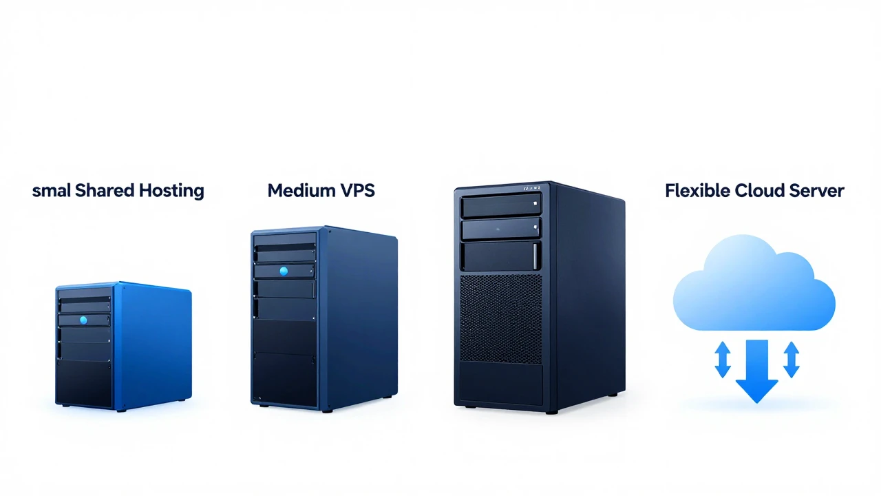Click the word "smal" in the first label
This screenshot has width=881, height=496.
tap(52, 191)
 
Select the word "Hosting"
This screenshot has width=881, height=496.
tap(171, 192)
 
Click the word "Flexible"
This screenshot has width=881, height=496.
tap(698, 191)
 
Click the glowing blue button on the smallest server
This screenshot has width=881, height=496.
tap(83, 320)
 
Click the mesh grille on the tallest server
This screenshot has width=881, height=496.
tap(501, 319)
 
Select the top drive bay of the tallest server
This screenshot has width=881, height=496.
tap(500, 206)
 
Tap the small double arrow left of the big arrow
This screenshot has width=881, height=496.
tap(723, 360)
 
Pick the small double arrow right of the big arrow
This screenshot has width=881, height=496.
tap(792, 360)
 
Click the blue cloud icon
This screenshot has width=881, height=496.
tap(754, 283)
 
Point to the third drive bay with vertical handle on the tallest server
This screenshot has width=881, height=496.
tap(500, 256)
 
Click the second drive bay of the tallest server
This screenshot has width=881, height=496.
tap(500, 229)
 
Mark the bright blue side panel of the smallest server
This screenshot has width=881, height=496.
tap(156, 346)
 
